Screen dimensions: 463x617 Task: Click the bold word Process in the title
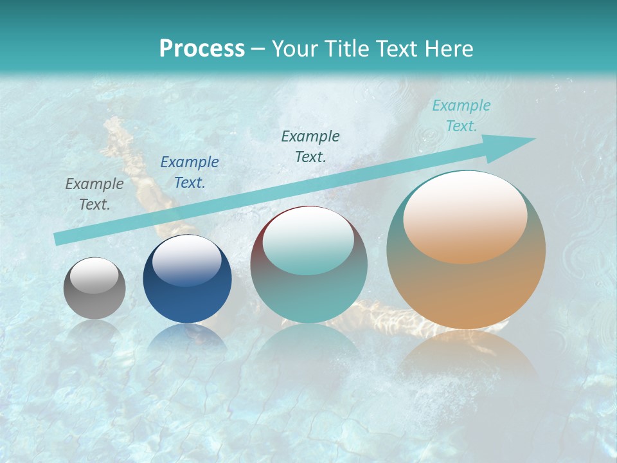coord(202,49)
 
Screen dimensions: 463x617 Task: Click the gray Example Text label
coord(94,194)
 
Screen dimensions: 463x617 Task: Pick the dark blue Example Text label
coord(190,172)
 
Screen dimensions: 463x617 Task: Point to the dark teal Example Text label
coord(310,147)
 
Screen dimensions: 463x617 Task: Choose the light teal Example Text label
coord(461,116)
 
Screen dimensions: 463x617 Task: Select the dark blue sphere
coord(187,279)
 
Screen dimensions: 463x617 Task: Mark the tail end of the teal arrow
coord(58,239)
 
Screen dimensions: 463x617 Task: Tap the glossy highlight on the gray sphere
coord(94,275)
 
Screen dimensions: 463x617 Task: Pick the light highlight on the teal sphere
coord(308,241)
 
